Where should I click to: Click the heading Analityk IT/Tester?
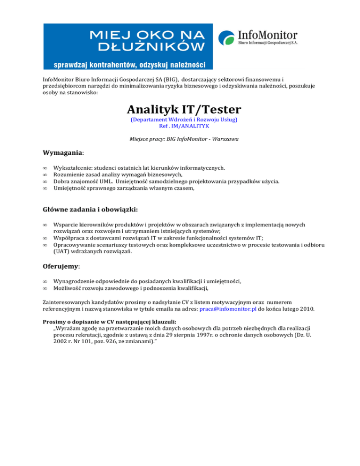point(184,110)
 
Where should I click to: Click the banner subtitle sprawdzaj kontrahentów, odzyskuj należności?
point(126,64)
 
